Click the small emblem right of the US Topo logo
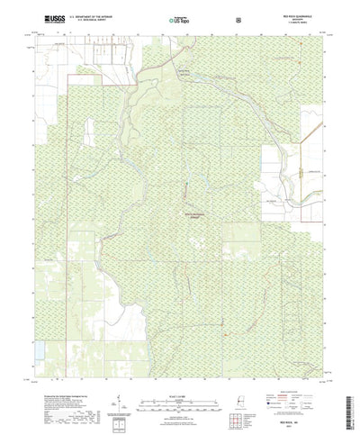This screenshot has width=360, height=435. [238, 17]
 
